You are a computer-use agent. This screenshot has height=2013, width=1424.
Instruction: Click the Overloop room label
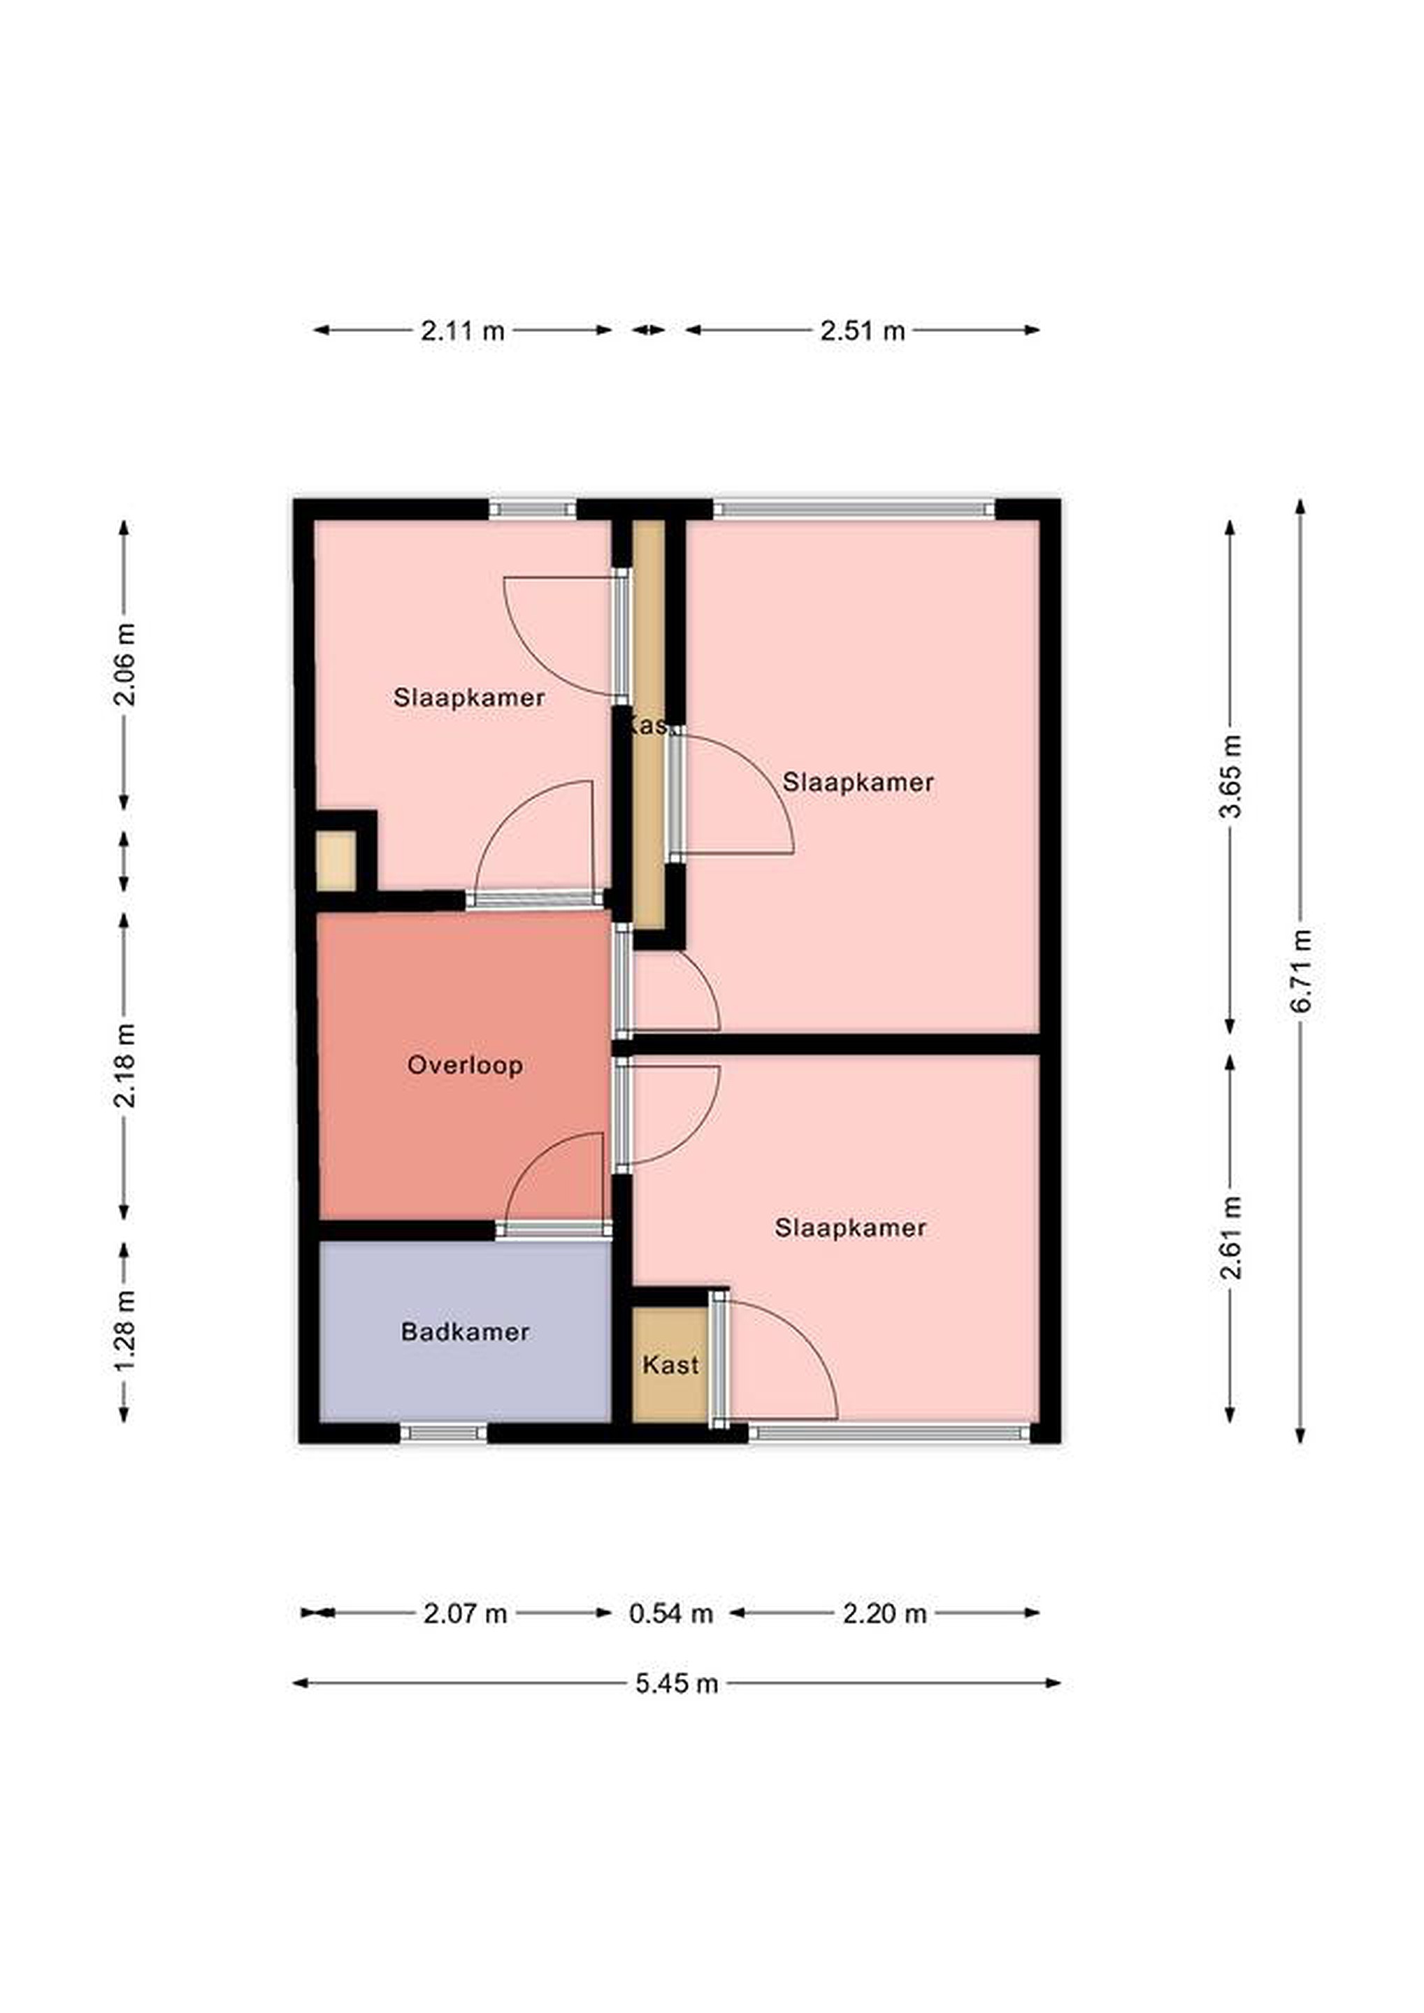coord(465,1065)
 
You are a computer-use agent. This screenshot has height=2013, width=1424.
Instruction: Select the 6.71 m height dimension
coord(1301,971)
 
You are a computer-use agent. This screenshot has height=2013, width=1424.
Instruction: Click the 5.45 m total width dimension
coord(677,1683)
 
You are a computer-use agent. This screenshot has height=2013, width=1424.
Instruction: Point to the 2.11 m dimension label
coord(463,331)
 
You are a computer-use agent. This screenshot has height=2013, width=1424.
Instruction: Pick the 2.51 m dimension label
coord(862,331)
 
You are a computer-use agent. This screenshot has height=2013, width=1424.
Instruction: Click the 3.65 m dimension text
coord(1231,776)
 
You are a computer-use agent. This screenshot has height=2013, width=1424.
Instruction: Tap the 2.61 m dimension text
coord(1231,1237)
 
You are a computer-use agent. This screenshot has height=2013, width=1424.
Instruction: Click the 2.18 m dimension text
coord(124,1065)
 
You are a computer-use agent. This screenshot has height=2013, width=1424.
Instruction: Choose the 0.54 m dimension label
coord(671,1613)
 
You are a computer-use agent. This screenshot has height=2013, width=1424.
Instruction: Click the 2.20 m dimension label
coord(885,1613)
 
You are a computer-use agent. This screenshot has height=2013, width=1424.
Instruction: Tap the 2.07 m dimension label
coord(465,1613)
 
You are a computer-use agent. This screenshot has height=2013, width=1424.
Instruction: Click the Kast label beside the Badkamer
coord(671,1364)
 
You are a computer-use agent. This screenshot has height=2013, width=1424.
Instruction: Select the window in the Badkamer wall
coord(444,1433)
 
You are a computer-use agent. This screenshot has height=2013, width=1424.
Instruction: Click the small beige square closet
coord(336,861)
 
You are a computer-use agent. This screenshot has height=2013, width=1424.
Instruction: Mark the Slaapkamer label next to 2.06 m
coord(469,698)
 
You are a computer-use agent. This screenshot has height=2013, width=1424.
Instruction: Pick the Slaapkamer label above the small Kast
coord(851,1227)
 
